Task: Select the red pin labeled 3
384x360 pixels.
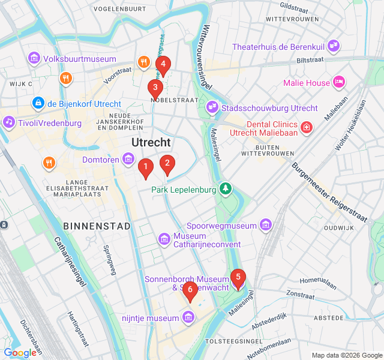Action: click(x=155, y=89)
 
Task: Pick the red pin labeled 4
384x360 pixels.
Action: click(x=163, y=65)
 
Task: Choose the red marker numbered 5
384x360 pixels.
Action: click(x=238, y=278)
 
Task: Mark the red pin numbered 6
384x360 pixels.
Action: click(x=190, y=291)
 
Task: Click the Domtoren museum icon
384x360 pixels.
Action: click(x=128, y=159)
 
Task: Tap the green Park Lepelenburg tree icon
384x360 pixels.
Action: click(x=226, y=190)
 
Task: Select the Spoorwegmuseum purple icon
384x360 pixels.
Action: click(x=266, y=226)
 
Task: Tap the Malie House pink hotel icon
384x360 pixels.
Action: click(x=340, y=82)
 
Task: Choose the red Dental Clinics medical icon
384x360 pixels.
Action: click(x=307, y=127)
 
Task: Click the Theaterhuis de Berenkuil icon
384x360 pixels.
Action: click(x=334, y=46)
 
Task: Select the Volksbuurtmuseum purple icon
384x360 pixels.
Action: click(x=34, y=58)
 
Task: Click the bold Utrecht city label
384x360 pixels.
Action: click(x=151, y=142)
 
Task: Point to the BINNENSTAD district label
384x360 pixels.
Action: click(x=96, y=226)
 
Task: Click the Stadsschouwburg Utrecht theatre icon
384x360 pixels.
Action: click(x=212, y=108)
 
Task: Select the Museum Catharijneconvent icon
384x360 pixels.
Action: click(x=164, y=239)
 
